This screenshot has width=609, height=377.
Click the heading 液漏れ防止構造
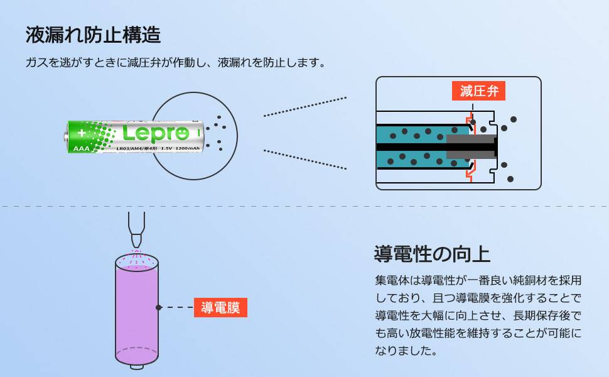coord(93,35)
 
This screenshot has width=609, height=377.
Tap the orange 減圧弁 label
coord(478,91)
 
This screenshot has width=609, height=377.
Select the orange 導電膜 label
coord(220,308)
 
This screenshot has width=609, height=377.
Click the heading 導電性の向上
coord(431,254)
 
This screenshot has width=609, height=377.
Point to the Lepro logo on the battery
coord(155,133)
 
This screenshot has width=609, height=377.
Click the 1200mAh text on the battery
coord(186,148)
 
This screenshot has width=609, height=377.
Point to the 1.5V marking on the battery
coord(166,148)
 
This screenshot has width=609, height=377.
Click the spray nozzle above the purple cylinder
coord(136,229)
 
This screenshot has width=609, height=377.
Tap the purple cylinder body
coord(136,308)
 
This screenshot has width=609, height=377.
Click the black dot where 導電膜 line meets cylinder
coord(159,307)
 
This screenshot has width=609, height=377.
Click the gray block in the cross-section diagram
coord(471,146)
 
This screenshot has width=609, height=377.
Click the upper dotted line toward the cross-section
coord(304,107)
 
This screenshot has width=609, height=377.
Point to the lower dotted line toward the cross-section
coord(304,159)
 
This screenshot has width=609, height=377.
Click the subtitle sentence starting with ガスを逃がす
coord(175,63)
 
